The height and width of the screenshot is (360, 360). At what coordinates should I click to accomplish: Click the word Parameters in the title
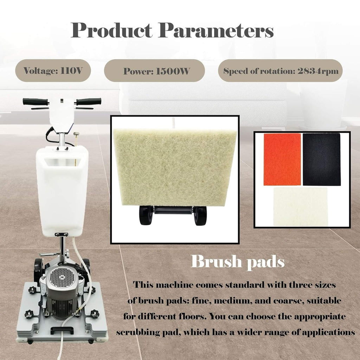(216, 31)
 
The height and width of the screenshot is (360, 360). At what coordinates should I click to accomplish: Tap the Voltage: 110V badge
(53, 71)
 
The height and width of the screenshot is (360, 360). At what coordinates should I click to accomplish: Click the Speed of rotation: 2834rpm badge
(281, 71)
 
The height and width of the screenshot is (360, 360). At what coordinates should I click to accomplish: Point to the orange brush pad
(282, 159)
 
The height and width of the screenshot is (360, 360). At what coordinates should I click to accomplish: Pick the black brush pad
(321, 159)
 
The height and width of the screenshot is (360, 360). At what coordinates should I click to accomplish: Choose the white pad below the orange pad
(300, 206)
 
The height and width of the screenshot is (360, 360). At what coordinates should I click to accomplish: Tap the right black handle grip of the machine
(89, 101)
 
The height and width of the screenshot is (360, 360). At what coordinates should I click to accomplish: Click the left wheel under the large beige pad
(146, 215)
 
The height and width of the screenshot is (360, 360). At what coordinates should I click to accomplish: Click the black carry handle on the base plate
(62, 330)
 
